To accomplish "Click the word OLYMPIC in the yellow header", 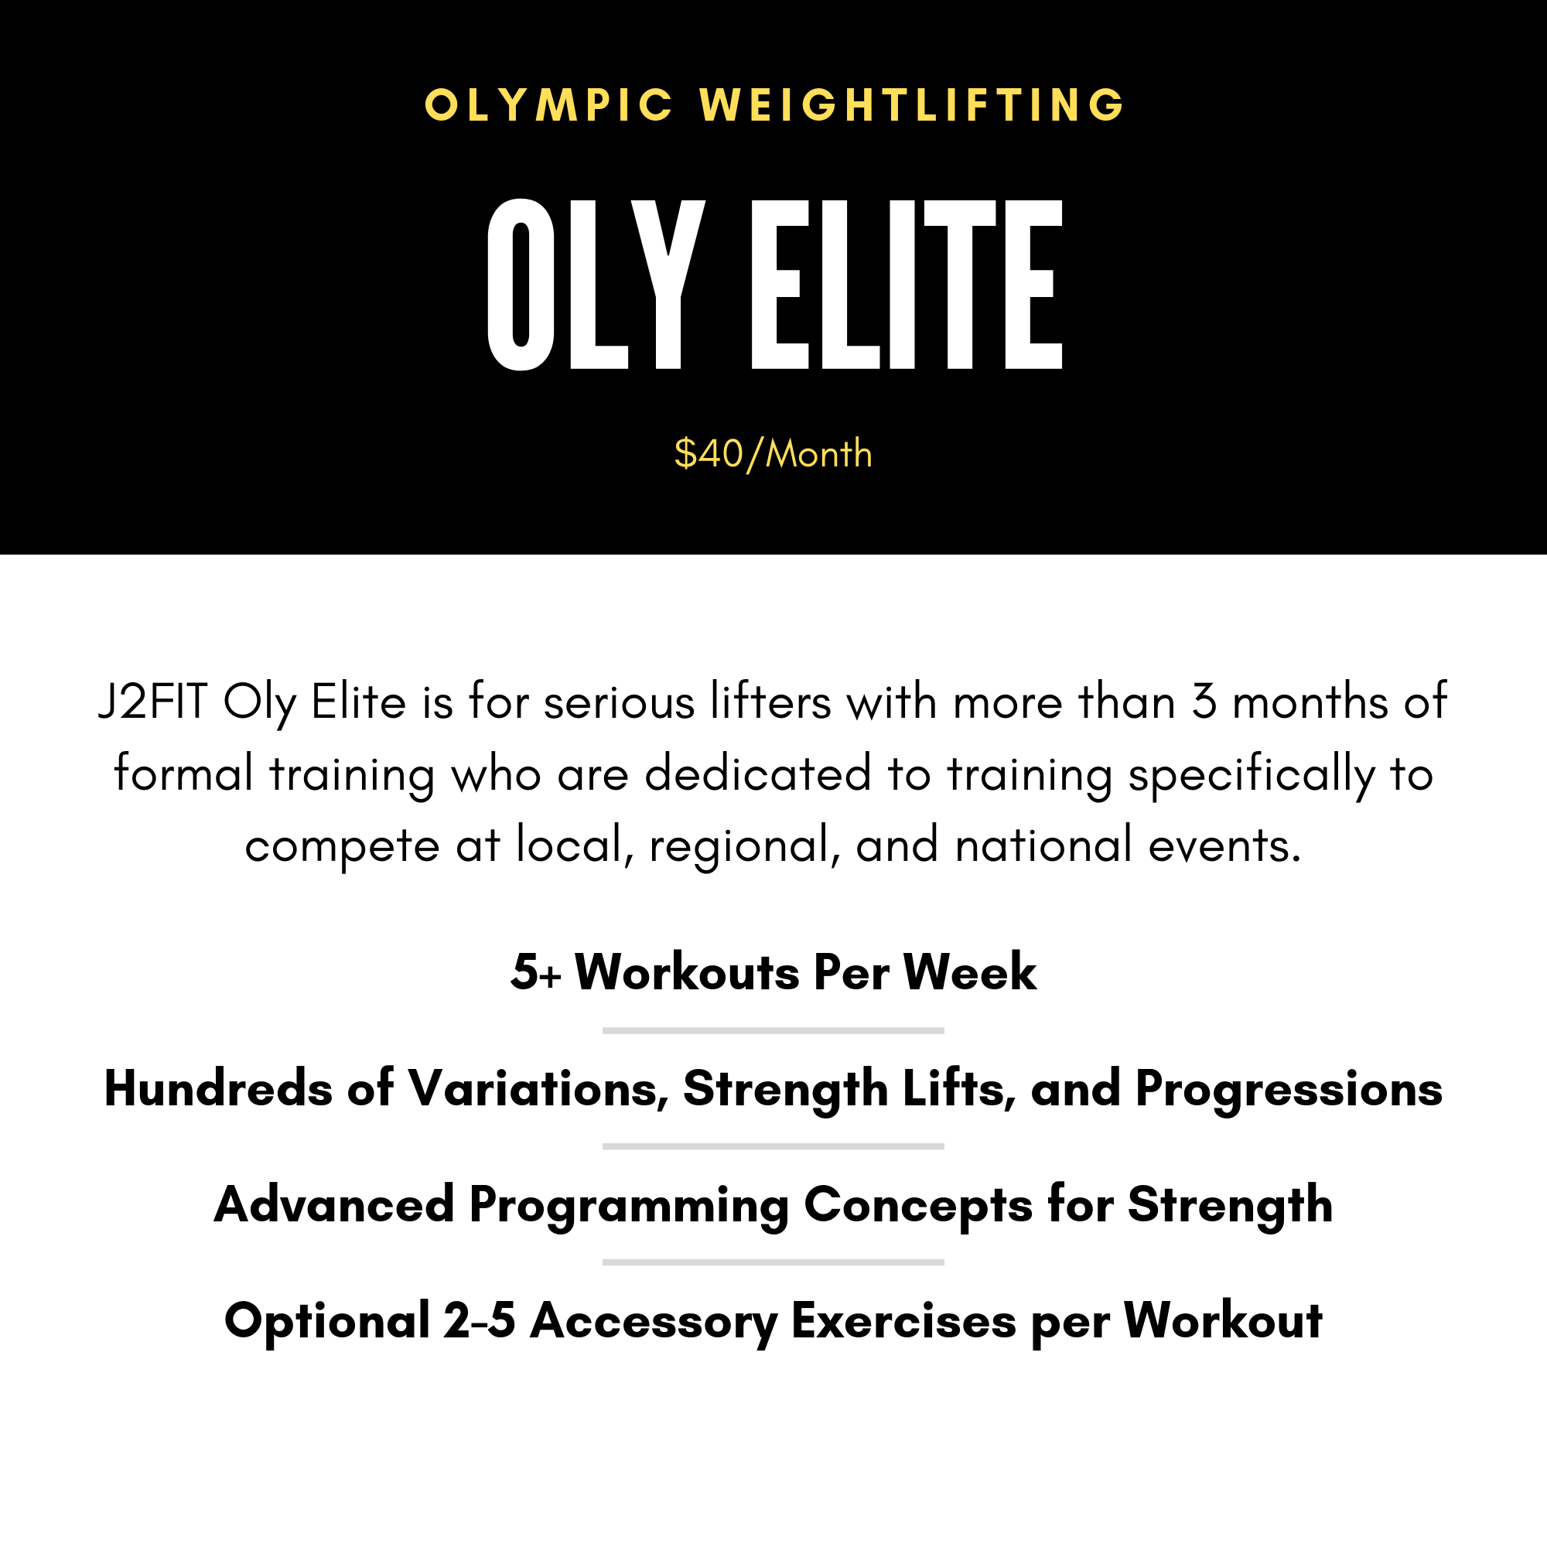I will [549, 105].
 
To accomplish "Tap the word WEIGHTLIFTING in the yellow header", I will [913, 105].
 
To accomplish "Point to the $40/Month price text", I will [773, 454].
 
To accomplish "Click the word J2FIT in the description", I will [153, 702].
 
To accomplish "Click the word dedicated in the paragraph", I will [757, 773].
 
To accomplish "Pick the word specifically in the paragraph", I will [1252, 773].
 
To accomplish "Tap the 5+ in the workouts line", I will [536, 972].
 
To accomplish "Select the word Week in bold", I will [970, 972].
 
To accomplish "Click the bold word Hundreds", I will [218, 1089].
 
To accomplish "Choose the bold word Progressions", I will [1289, 1089].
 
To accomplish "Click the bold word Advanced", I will [334, 1204].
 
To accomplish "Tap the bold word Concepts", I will [917, 1204].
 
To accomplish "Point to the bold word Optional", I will [327, 1320].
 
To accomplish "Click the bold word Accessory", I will [654, 1320].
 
